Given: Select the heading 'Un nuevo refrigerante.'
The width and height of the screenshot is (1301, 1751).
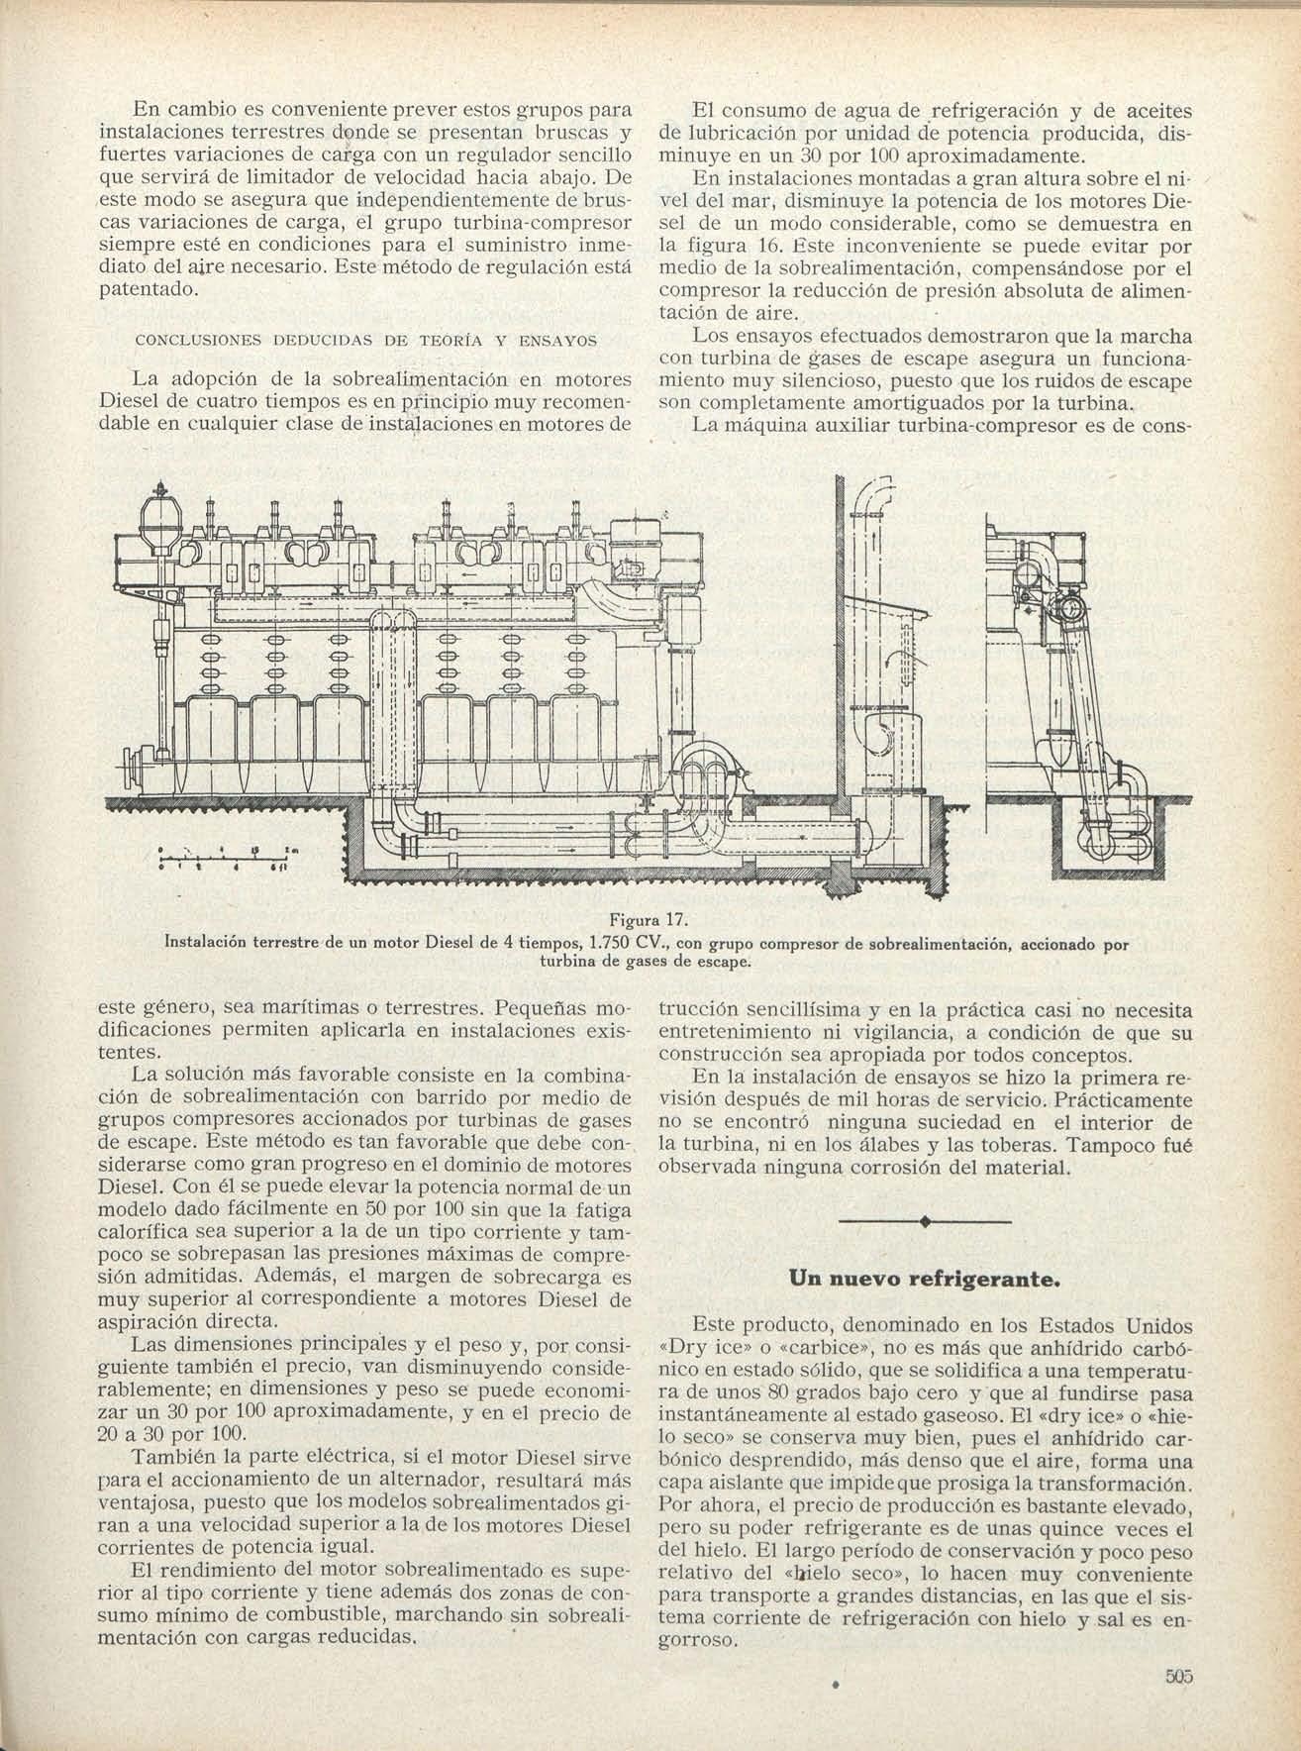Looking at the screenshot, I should pos(924,1279).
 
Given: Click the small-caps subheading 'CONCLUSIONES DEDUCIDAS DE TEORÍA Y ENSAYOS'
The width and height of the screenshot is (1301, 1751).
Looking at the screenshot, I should pos(365,340).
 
